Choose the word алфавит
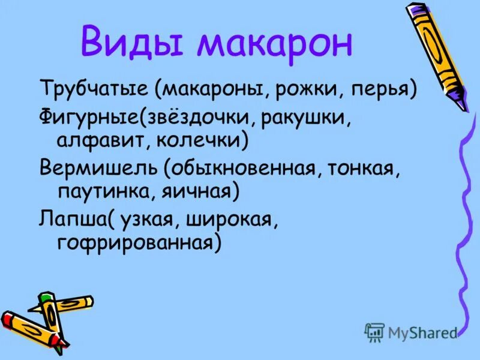coord(95,140)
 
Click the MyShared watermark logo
coord(412,331)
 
